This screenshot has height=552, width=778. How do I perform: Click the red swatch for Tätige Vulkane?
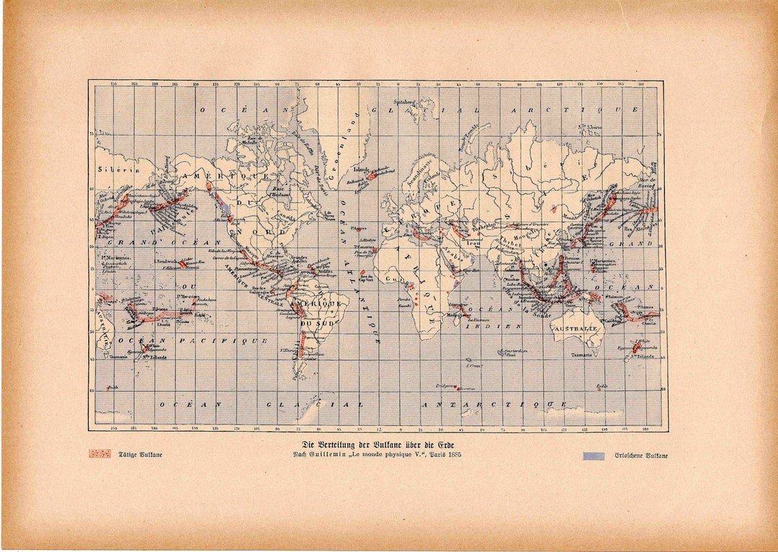(x=99, y=454)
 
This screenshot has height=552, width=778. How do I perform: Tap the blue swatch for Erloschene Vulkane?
(x=594, y=455)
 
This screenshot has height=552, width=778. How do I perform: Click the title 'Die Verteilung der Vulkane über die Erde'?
(x=379, y=444)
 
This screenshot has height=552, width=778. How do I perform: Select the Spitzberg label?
(x=404, y=102)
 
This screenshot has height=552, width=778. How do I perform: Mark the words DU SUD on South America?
(x=314, y=324)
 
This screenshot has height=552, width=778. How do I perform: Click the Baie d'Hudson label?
(x=280, y=193)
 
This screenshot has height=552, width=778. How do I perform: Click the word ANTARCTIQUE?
(x=493, y=404)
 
